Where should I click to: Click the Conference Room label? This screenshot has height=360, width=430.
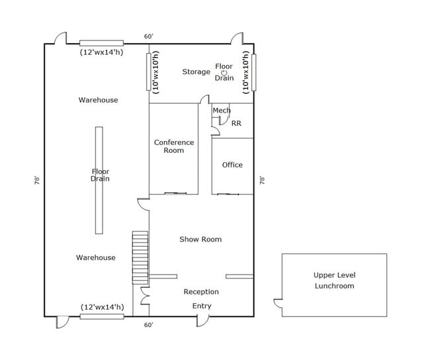pos(174,146)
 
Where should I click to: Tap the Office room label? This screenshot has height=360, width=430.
pos(232,165)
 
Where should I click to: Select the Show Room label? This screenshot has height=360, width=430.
pos(200,239)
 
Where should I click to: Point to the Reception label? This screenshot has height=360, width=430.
pos(201,291)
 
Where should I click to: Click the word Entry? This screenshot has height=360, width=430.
pos(202,306)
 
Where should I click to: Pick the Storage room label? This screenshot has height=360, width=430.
pos(196,71)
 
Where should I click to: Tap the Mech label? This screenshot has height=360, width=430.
pos(221,111)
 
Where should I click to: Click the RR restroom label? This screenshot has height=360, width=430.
pos(236,123)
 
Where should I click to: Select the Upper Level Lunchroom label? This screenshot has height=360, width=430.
pos(333,281)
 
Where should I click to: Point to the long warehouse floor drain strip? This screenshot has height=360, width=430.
pos(99,180)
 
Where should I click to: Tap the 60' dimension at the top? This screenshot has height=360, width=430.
pos(149,36)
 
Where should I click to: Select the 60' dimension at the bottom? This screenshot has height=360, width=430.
pos(149,325)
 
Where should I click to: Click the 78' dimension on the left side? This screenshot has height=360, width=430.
pos(38,179)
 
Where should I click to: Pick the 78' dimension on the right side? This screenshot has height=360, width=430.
pos(263,179)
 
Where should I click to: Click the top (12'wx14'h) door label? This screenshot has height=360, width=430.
pos(101,52)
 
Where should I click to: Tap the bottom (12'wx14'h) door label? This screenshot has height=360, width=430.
pos(101,307)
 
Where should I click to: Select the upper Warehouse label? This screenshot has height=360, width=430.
pos(99,100)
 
